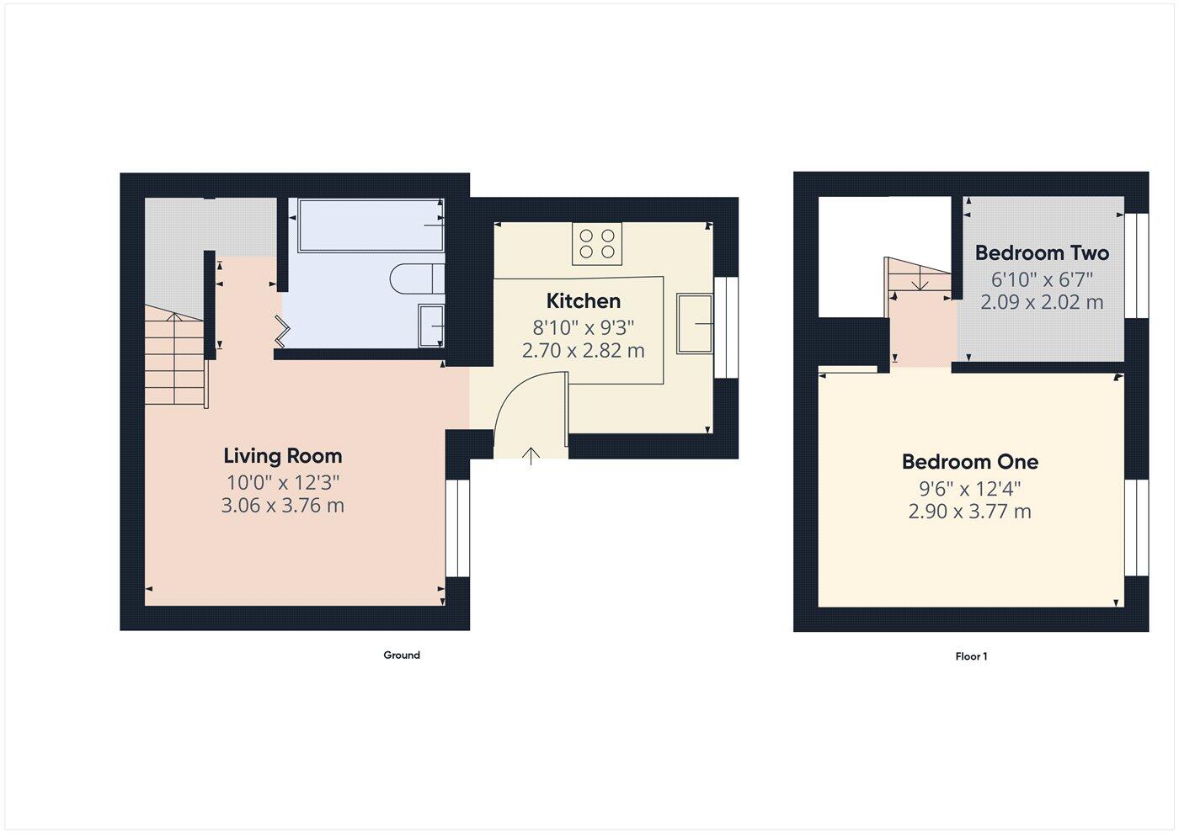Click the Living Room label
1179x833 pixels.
282,456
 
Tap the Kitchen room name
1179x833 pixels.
583,301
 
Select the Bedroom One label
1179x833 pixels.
969,462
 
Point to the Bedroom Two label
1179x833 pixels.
1042,253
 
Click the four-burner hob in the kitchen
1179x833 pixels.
596,244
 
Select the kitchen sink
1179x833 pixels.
695,323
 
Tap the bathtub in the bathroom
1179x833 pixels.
370,225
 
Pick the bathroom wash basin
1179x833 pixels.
431,325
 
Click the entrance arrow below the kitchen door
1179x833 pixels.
531,456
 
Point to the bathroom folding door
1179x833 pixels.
282,331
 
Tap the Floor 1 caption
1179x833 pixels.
971,656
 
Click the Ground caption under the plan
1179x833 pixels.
402,655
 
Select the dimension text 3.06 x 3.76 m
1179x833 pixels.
282,506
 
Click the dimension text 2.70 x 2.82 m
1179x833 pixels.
583,351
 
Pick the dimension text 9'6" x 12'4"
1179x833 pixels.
969,489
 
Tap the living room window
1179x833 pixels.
457,528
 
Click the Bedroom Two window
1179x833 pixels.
1137,266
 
